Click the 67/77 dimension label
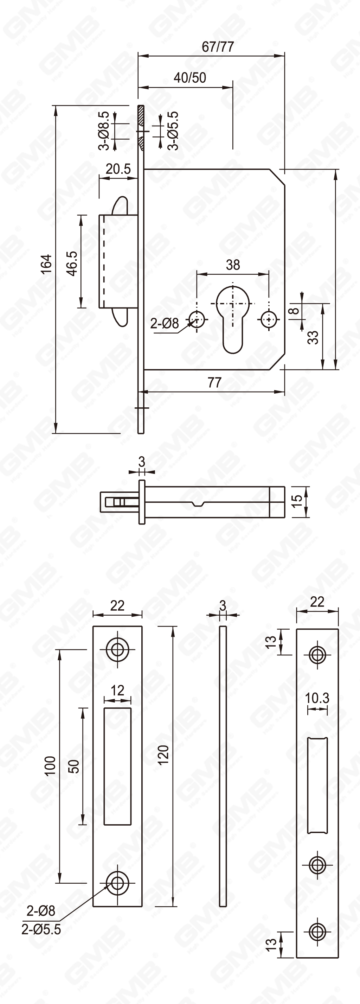click(217, 47)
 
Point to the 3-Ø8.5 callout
click(104, 131)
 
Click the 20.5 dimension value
click(118, 169)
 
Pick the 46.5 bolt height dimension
click(72, 264)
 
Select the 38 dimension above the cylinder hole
click(233, 265)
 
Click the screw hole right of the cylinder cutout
click(269, 319)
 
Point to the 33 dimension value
click(313, 337)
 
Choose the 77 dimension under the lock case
click(214, 382)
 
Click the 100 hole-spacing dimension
click(51, 766)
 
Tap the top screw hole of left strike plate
click(117, 649)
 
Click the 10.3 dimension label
click(317, 698)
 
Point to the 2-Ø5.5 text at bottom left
click(41, 929)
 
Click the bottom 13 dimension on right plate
click(271, 943)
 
